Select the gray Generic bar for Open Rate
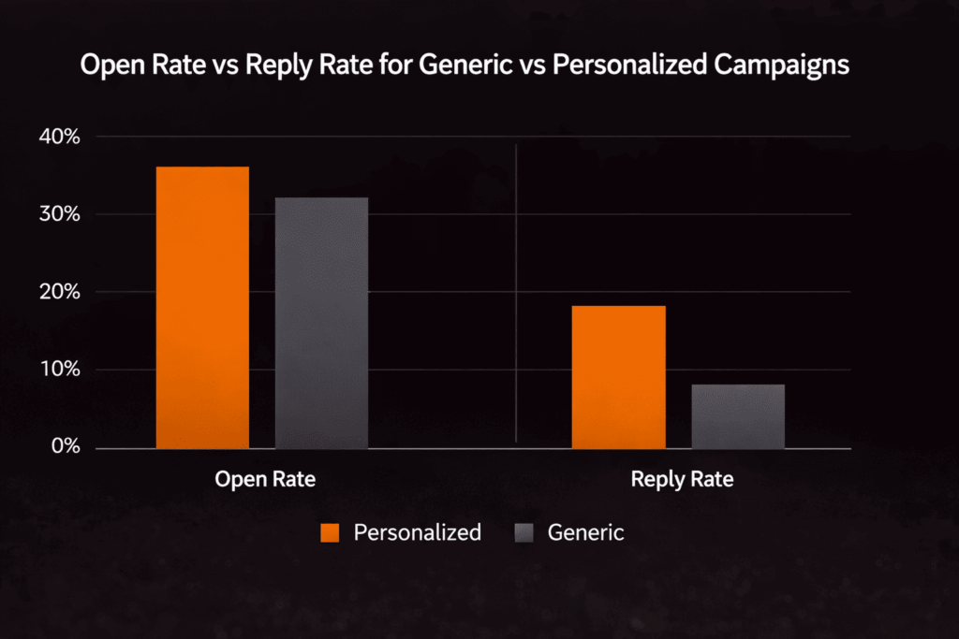(321, 323)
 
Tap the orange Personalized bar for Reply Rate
(618, 377)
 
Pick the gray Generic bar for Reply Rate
(738, 416)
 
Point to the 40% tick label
(60, 138)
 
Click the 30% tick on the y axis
(60, 215)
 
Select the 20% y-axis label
(60, 293)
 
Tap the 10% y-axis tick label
(60, 370)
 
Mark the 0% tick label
(65, 448)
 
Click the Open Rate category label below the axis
(265, 480)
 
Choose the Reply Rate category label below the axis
(682, 480)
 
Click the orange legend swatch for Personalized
(329, 533)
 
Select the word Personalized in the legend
(417, 533)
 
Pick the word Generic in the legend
(585, 533)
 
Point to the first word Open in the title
(106, 67)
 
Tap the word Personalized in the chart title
(631, 67)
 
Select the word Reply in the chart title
(260, 67)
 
